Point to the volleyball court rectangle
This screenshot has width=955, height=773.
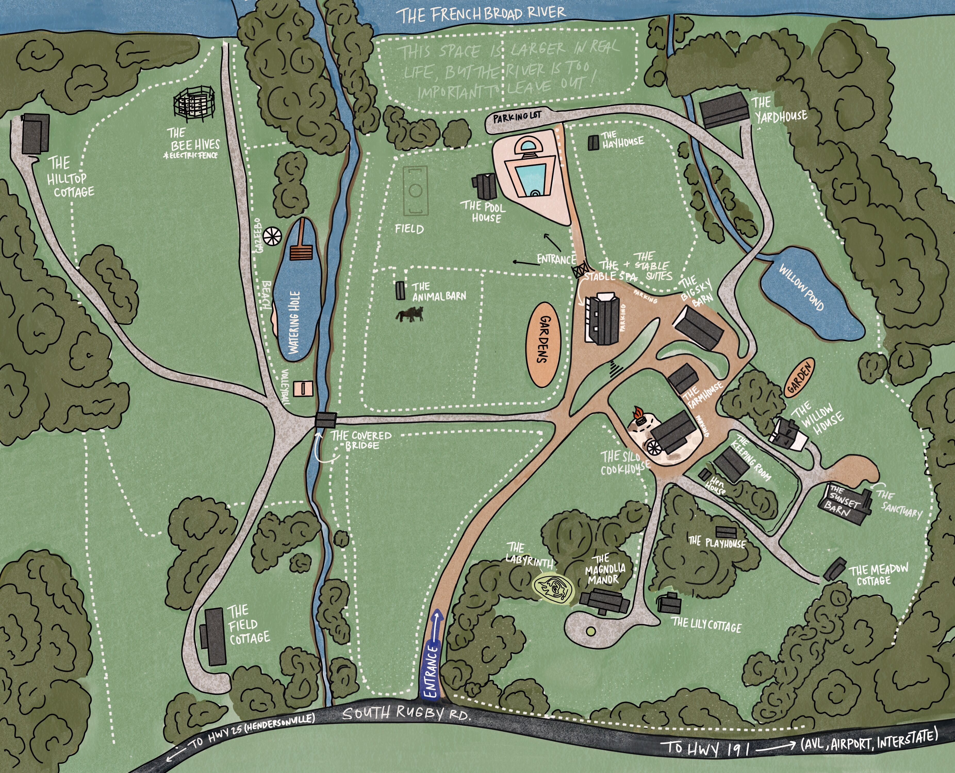click(x=304, y=388)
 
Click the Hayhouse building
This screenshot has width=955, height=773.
click(x=593, y=142)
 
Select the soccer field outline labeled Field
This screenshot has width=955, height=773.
click(x=415, y=191)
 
